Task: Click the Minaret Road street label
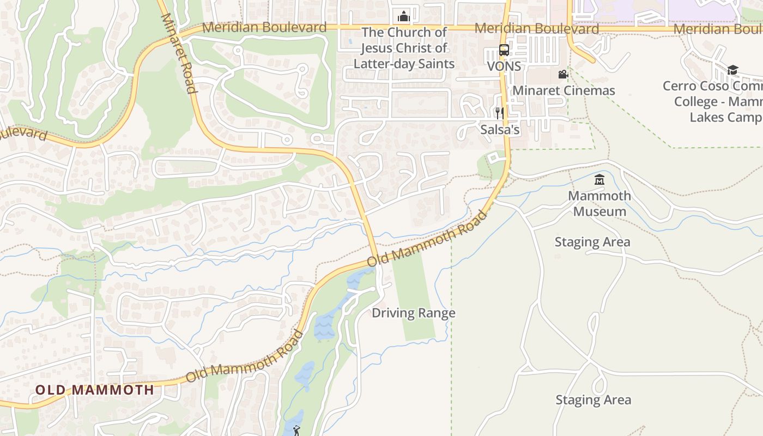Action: pos(178,53)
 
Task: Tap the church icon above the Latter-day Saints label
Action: pos(404,16)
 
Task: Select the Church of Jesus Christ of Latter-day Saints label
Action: pos(404,48)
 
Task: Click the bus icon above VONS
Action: pos(504,51)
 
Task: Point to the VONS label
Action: pos(504,66)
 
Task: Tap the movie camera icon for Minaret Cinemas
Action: pos(563,74)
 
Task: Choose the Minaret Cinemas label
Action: pos(564,90)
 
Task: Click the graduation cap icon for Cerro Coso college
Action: pos(732,70)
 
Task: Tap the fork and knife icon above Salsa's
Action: pos(499,113)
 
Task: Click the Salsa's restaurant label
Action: pos(500,130)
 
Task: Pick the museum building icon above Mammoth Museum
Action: pos(599,179)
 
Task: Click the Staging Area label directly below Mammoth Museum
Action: pos(592,242)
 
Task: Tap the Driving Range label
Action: pos(414,313)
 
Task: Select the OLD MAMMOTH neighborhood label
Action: pos(95,390)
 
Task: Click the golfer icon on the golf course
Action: pos(296,431)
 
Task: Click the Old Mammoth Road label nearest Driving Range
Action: pos(427,239)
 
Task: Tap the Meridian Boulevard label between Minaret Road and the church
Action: pos(264,27)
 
